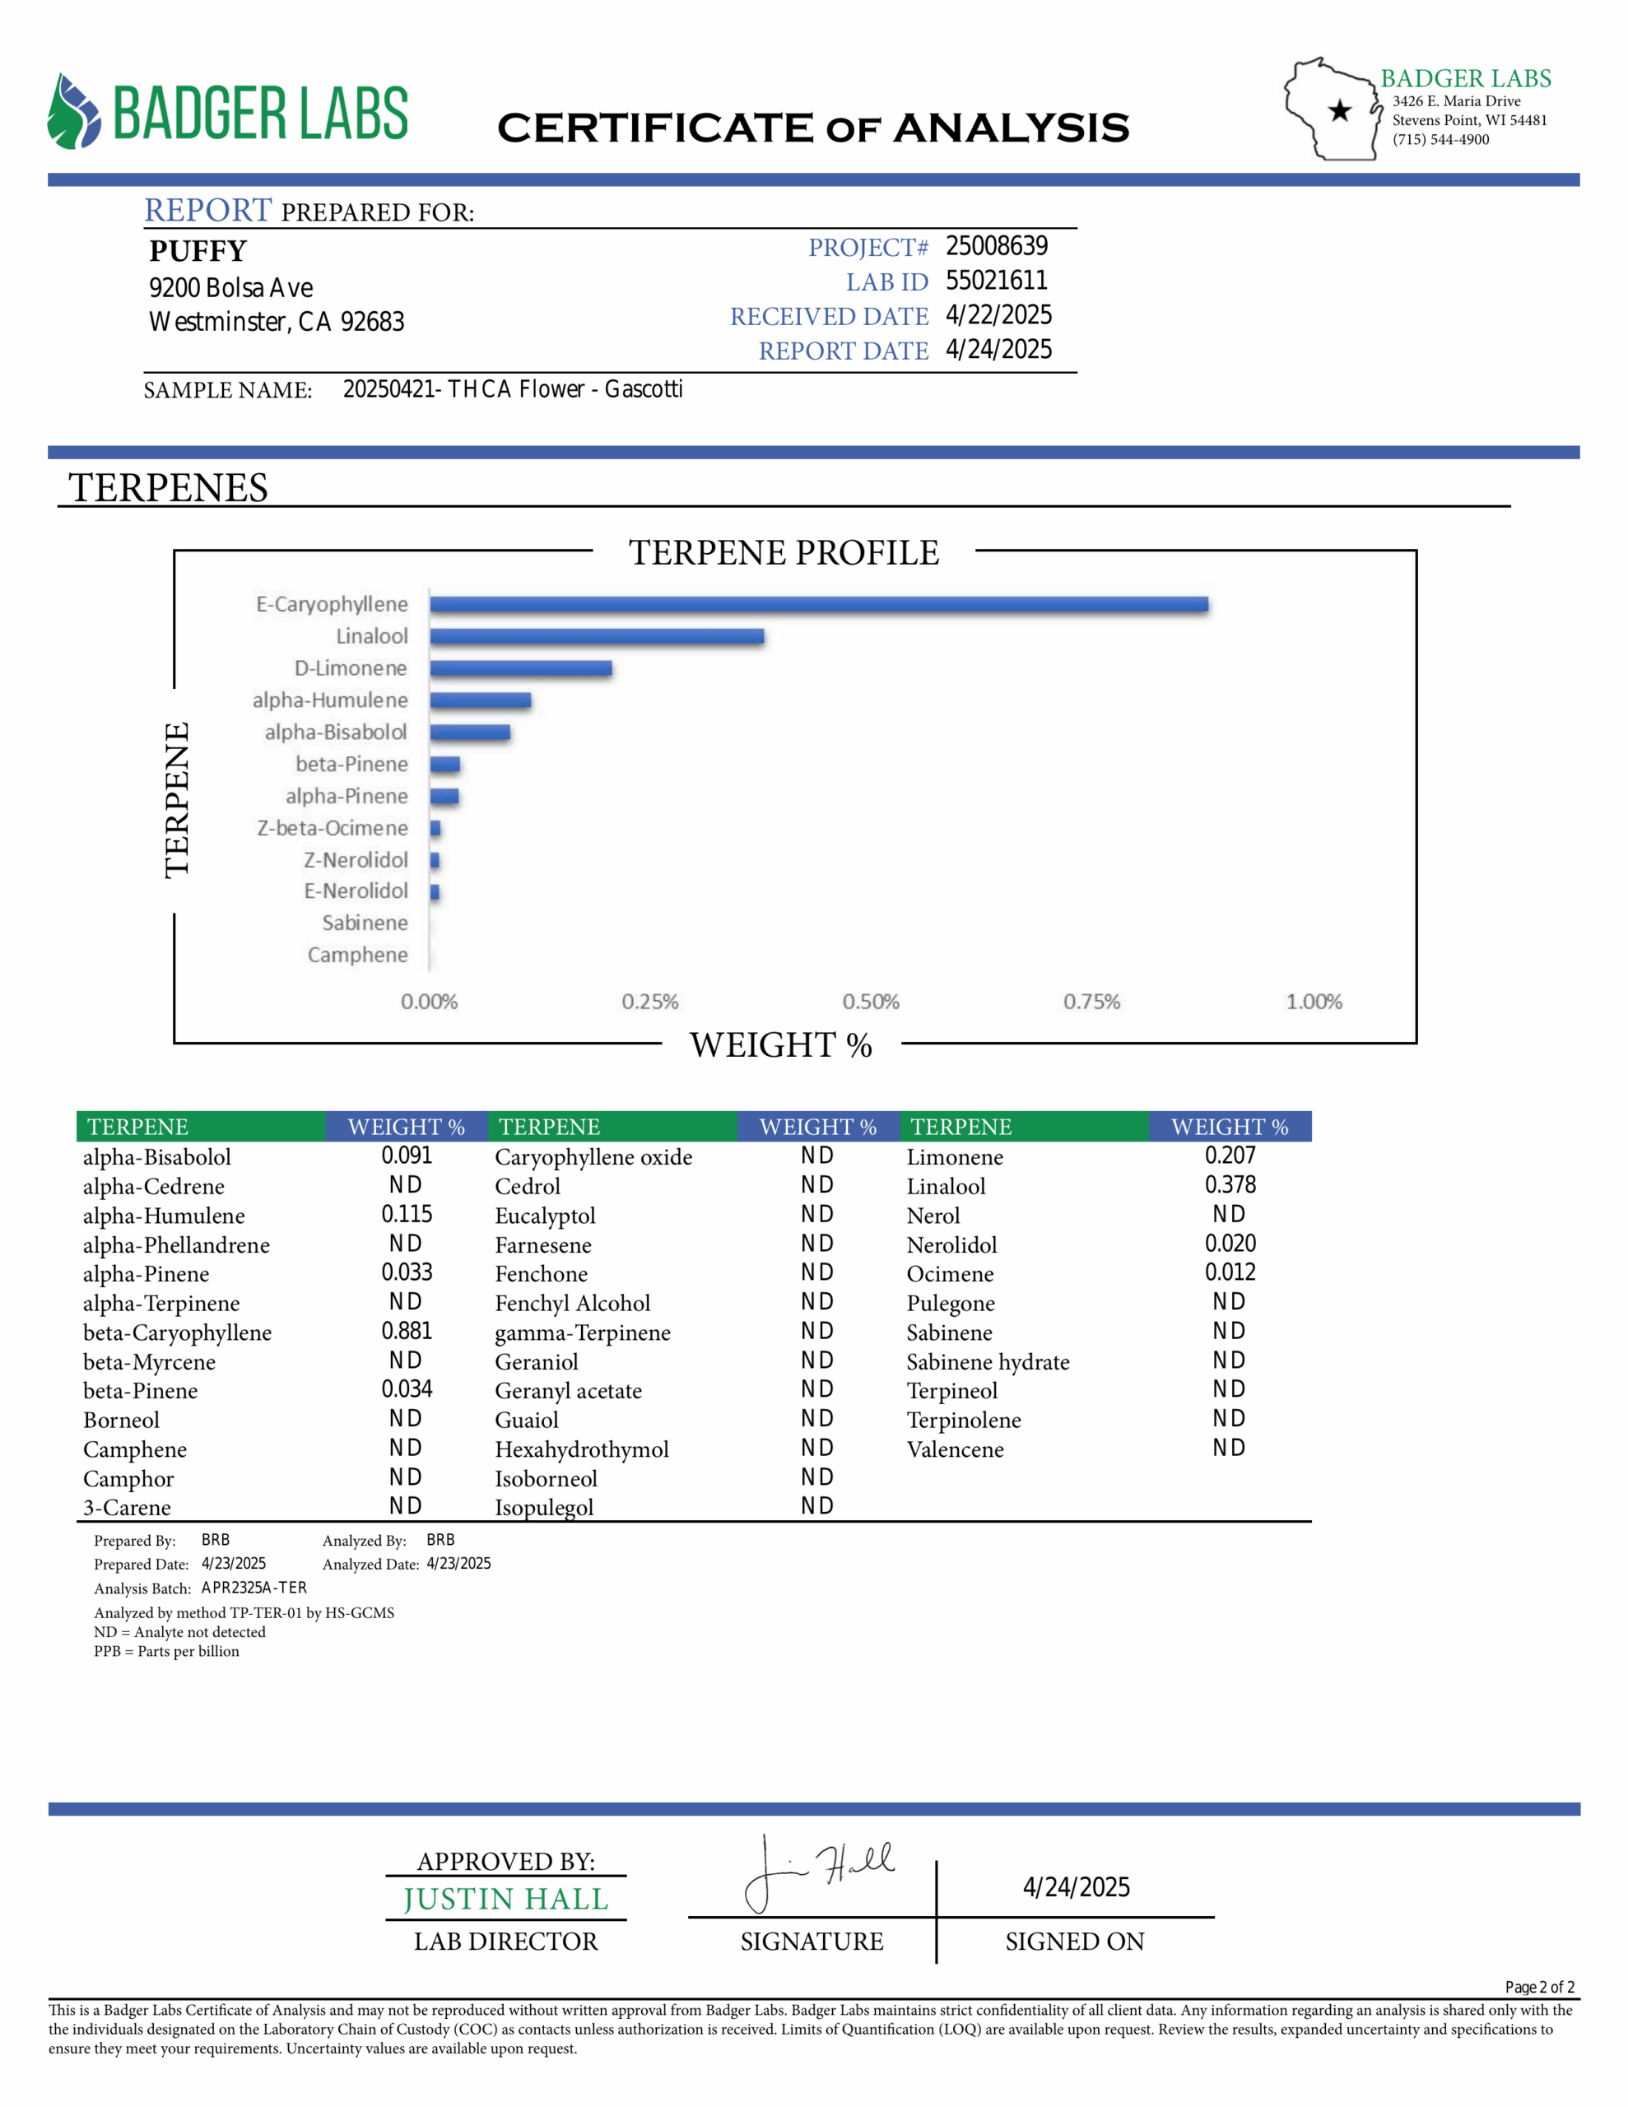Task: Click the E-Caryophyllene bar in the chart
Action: [x=818, y=605]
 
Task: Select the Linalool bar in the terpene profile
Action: [x=597, y=637]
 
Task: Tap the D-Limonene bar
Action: [x=521, y=668]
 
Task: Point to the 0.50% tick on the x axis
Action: [x=871, y=1002]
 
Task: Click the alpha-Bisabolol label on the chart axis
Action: [x=336, y=733]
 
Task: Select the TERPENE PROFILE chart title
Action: [x=784, y=553]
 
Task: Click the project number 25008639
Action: [x=996, y=247]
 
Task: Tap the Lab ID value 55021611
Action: [x=996, y=281]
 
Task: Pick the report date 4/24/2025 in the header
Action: [x=998, y=350]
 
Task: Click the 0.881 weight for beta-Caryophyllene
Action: [x=407, y=1332]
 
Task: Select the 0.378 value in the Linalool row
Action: [x=1230, y=1184]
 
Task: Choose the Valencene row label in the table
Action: [x=955, y=1449]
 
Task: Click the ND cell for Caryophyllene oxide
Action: [x=816, y=1156]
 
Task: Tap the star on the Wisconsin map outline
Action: [x=1339, y=110]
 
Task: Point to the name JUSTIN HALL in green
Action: [x=505, y=1899]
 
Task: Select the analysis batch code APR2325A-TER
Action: [x=254, y=1588]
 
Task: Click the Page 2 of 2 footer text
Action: [x=1539, y=1988]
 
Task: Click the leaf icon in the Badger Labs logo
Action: [x=73, y=113]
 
